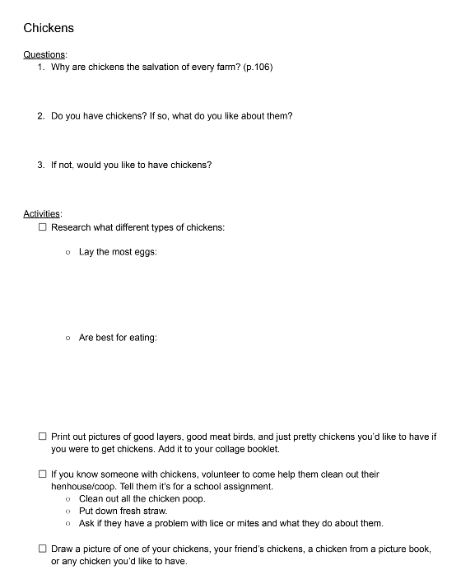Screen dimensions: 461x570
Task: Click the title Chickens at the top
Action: pos(49,28)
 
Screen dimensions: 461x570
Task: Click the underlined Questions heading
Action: pos(44,54)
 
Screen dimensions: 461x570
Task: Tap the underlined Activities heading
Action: pos(43,214)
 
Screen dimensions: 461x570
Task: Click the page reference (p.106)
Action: pos(258,67)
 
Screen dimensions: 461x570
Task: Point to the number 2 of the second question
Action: pos(40,116)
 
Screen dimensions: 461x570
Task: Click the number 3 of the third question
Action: pos(40,165)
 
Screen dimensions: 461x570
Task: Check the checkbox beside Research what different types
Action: pos(43,227)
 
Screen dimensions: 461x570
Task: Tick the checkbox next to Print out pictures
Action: pos(43,437)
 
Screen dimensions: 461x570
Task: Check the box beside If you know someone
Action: pos(43,474)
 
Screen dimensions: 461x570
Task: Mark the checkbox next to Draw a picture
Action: pos(43,549)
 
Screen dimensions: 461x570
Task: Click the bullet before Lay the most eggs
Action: pos(68,252)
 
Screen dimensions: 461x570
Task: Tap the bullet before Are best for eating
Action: pos(68,338)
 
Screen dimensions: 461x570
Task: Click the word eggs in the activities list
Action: pos(145,252)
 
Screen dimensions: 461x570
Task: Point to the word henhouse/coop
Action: pos(84,487)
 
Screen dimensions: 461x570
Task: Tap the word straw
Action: pos(154,512)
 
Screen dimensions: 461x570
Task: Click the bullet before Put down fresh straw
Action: pos(68,512)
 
